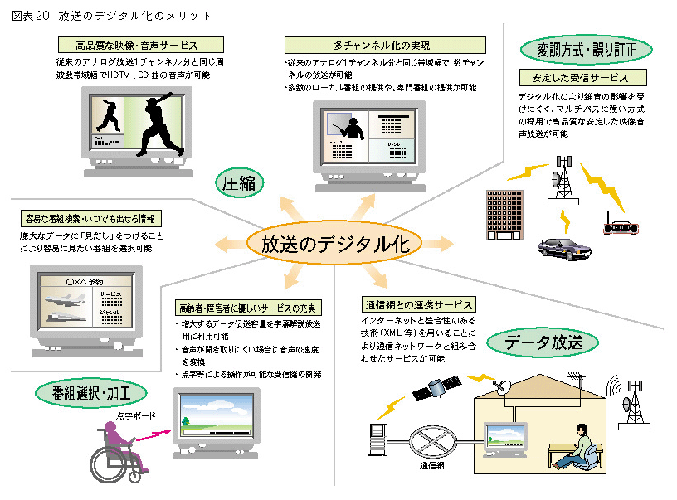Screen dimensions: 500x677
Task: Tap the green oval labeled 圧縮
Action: click(241, 182)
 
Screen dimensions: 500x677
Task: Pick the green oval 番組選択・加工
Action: click(87, 391)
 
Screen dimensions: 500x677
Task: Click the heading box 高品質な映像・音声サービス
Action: click(138, 45)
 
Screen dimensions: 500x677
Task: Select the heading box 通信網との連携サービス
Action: click(418, 304)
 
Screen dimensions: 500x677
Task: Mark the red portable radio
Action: click(621, 226)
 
